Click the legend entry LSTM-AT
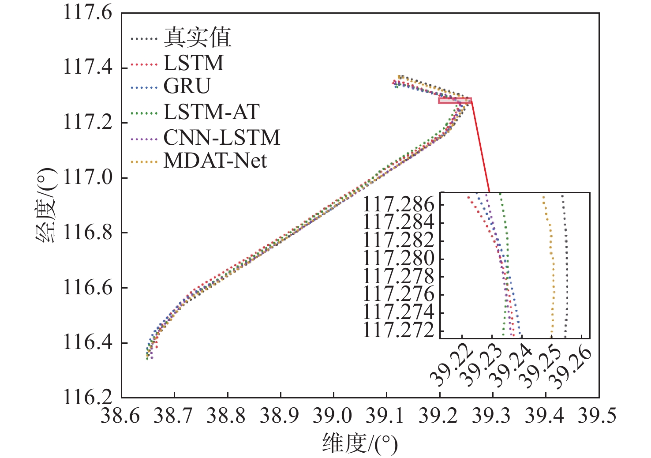(211, 112)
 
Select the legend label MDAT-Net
(215, 161)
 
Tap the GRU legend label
(187, 86)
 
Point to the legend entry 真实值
(197, 38)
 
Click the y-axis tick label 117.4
(88, 67)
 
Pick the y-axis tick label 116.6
(88, 288)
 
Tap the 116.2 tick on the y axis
(88, 397)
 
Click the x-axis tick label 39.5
(597, 416)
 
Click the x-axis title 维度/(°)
(359, 443)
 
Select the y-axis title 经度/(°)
(46, 206)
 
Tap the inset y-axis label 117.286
(398, 204)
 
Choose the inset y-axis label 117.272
(398, 330)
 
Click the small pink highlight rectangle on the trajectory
(455, 101)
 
